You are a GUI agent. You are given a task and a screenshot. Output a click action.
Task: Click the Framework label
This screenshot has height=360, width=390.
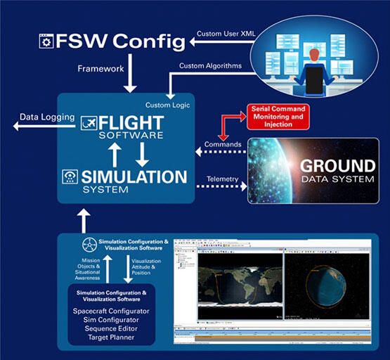pyautogui.click(x=100, y=70)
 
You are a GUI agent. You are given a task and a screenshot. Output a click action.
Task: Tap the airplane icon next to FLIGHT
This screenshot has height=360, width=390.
pyautogui.click(x=89, y=123)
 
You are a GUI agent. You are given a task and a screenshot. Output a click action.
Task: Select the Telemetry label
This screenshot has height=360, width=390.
pyautogui.click(x=222, y=179)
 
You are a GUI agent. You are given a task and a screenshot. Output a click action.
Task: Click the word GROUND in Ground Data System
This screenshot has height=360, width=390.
pyautogui.click(x=338, y=167)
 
